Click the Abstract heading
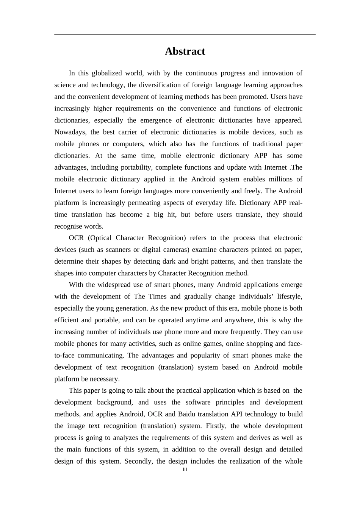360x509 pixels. (185, 52)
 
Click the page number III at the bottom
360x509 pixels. (185, 470)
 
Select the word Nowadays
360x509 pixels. (70, 132)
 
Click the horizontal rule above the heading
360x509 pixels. (185, 34)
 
